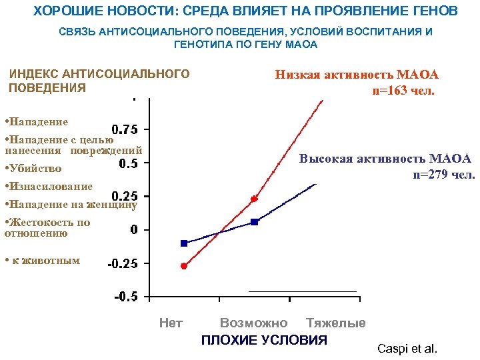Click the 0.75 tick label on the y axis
coord(125,129)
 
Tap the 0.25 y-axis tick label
coord(125,196)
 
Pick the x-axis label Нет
coord(171,323)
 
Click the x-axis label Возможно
coord(254,323)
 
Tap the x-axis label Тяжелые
coord(336,323)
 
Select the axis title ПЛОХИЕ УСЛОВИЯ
coord(265,340)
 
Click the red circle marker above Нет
coord(184,266)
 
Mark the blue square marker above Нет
coord(184,243)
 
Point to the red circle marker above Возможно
coord(254,199)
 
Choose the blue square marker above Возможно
coord(254,222)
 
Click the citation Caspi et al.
coord(407,349)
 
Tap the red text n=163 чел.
coord(403,90)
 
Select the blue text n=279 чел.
coord(443,175)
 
